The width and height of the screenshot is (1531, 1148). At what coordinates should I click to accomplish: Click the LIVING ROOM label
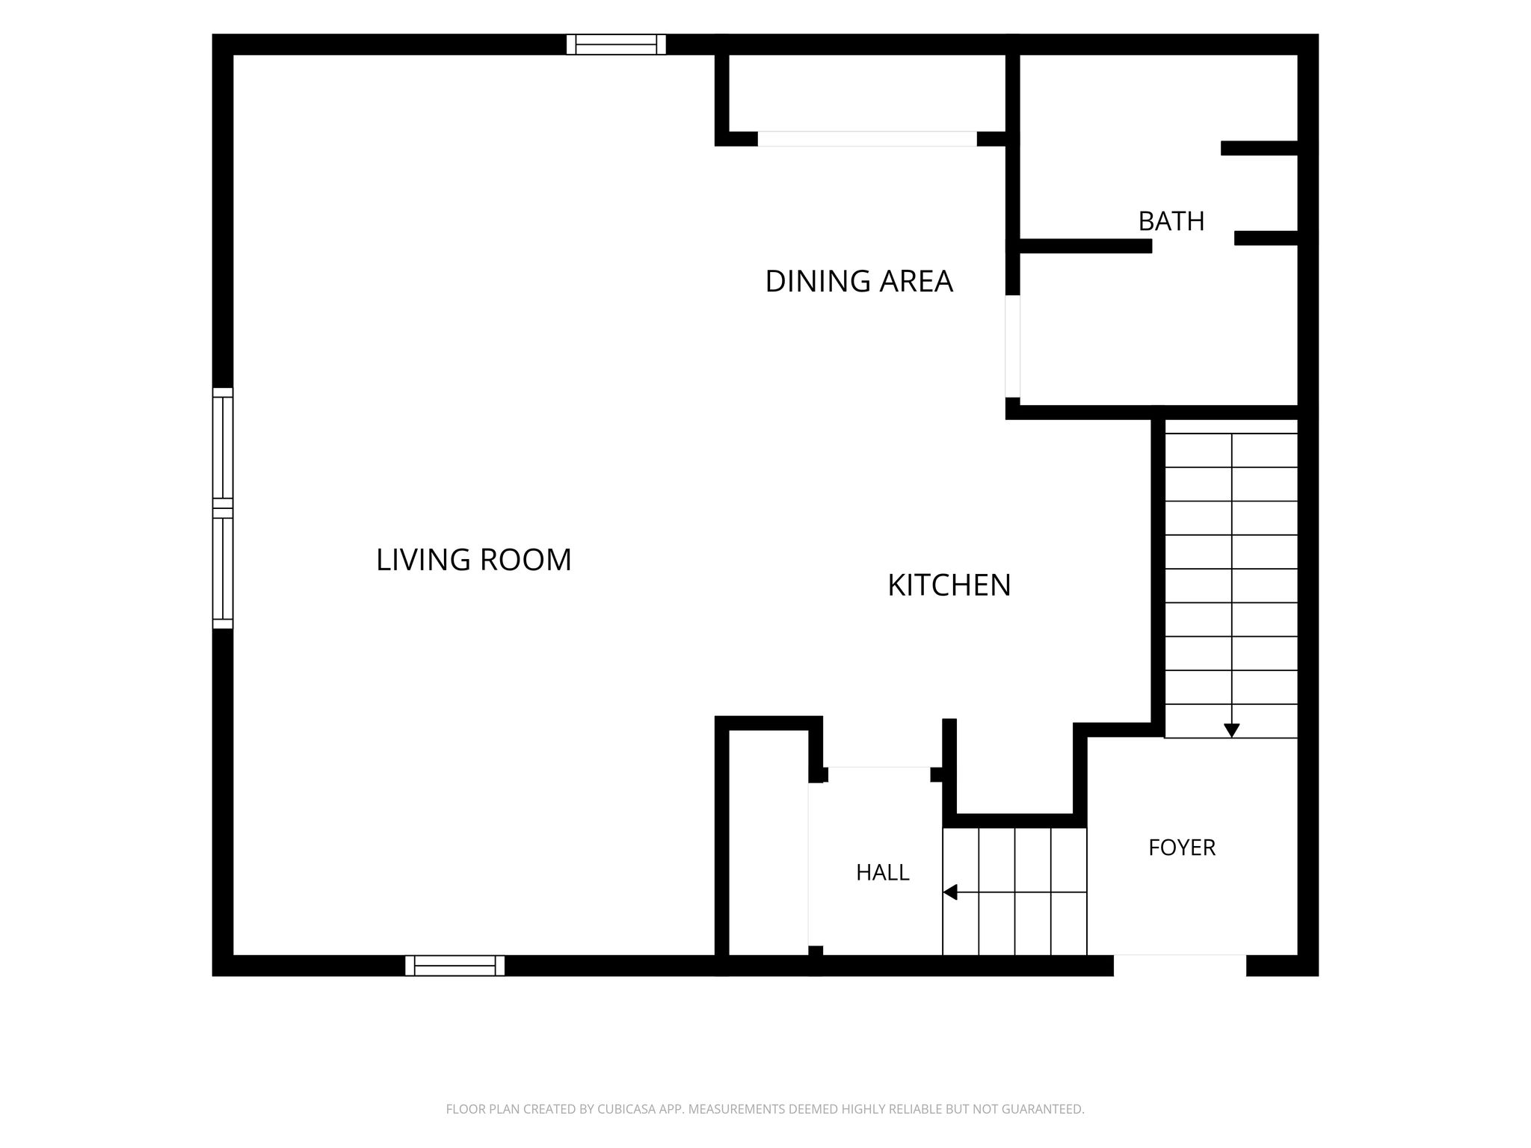pyautogui.click(x=473, y=560)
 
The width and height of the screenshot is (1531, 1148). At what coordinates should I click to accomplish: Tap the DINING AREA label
pyautogui.click(x=859, y=281)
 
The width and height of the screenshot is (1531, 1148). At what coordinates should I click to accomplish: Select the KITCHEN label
pyautogui.click(x=949, y=584)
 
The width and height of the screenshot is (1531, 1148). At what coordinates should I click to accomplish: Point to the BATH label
pyautogui.click(x=1171, y=221)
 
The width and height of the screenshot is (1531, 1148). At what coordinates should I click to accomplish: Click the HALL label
pyautogui.click(x=882, y=872)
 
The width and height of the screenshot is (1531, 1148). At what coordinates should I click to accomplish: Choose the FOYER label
pyautogui.click(x=1182, y=848)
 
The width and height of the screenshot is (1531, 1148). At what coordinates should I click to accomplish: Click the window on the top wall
pyautogui.click(x=616, y=45)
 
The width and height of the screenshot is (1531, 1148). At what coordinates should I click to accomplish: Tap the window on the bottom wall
pyautogui.click(x=455, y=966)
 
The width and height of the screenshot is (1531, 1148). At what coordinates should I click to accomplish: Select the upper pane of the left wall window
pyautogui.click(x=223, y=447)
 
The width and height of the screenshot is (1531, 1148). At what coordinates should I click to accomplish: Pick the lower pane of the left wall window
pyautogui.click(x=223, y=570)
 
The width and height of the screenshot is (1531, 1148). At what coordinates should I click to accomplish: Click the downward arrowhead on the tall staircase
pyautogui.click(x=1231, y=730)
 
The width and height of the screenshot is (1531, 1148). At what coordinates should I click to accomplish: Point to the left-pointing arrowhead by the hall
pyautogui.click(x=950, y=892)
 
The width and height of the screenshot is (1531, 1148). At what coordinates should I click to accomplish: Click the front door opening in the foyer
pyautogui.click(x=1180, y=966)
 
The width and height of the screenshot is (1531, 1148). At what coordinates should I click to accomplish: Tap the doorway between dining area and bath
pyautogui.click(x=1012, y=347)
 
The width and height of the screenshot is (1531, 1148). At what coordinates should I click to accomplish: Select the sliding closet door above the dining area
pyautogui.click(x=867, y=139)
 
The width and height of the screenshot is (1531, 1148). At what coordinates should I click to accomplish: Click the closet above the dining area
pyautogui.click(x=867, y=93)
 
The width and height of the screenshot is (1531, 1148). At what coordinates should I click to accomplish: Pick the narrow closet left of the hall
pyautogui.click(x=768, y=842)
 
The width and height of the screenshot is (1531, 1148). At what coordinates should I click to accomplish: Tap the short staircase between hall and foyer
pyautogui.click(x=1014, y=892)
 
